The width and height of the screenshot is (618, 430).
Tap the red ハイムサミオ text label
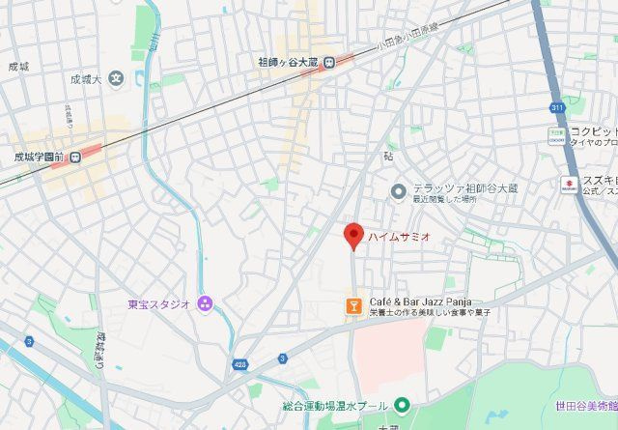click(398, 236)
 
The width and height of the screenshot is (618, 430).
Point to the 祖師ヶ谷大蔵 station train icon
click(329, 63)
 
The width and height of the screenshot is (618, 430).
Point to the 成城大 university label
click(85, 79)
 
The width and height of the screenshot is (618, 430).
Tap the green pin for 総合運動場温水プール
click(403, 404)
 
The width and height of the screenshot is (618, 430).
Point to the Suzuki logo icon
click(569, 183)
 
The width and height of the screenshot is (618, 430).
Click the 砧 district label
click(388, 155)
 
